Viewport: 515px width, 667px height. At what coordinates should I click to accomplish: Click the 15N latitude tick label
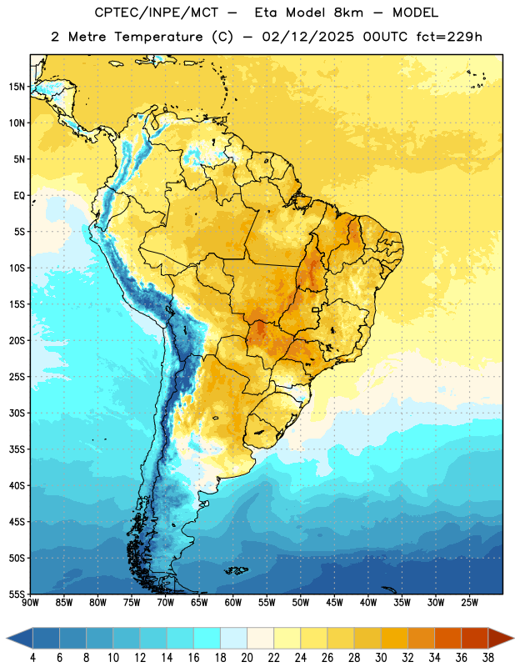click(17, 87)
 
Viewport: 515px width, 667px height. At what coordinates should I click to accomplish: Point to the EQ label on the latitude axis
click(19, 196)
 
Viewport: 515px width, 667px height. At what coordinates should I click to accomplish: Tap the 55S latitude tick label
click(17, 594)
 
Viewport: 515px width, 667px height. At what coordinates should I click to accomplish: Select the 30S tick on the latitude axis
click(17, 413)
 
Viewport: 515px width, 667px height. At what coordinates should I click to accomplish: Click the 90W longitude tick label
click(30, 603)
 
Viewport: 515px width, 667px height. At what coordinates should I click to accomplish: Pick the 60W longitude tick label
click(233, 603)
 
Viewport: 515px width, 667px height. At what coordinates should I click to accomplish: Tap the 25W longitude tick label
click(469, 603)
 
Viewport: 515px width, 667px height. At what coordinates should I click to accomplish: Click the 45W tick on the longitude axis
click(335, 603)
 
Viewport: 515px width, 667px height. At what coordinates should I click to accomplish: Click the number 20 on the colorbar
click(247, 658)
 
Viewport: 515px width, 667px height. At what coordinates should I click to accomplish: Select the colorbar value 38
click(488, 658)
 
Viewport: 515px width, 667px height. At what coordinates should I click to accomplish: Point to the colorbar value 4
click(32, 658)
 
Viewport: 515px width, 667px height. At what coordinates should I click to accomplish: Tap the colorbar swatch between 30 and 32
click(394, 639)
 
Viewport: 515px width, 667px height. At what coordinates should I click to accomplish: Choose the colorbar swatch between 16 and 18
click(207, 639)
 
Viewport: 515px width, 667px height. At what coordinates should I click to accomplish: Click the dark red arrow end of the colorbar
click(501, 639)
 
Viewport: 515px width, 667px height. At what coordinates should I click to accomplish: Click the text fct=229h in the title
click(449, 37)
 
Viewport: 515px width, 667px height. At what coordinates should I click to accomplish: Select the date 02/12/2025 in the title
click(307, 37)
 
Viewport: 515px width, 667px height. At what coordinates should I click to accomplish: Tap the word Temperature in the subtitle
click(158, 37)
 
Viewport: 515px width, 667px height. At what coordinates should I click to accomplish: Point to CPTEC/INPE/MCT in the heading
click(157, 13)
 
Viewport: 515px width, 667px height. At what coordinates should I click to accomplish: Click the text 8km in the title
click(348, 13)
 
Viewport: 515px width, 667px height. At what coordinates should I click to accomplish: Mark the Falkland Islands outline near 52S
click(237, 570)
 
